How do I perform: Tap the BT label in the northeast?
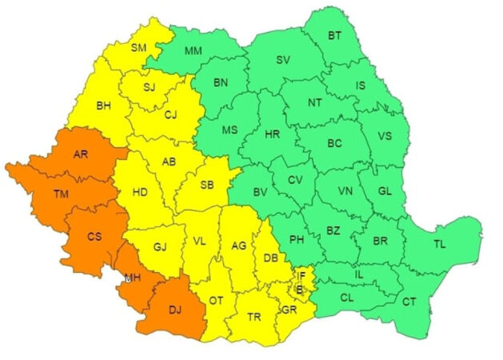[x=333, y=35]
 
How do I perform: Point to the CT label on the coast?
[x=409, y=302]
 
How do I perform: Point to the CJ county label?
[x=170, y=114]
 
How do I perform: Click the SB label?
[x=207, y=186]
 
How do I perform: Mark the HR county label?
[x=273, y=134]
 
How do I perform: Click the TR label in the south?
[x=254, y=317]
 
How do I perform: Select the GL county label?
[x=384, y=190]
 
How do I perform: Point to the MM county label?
[x=194, y=51]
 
